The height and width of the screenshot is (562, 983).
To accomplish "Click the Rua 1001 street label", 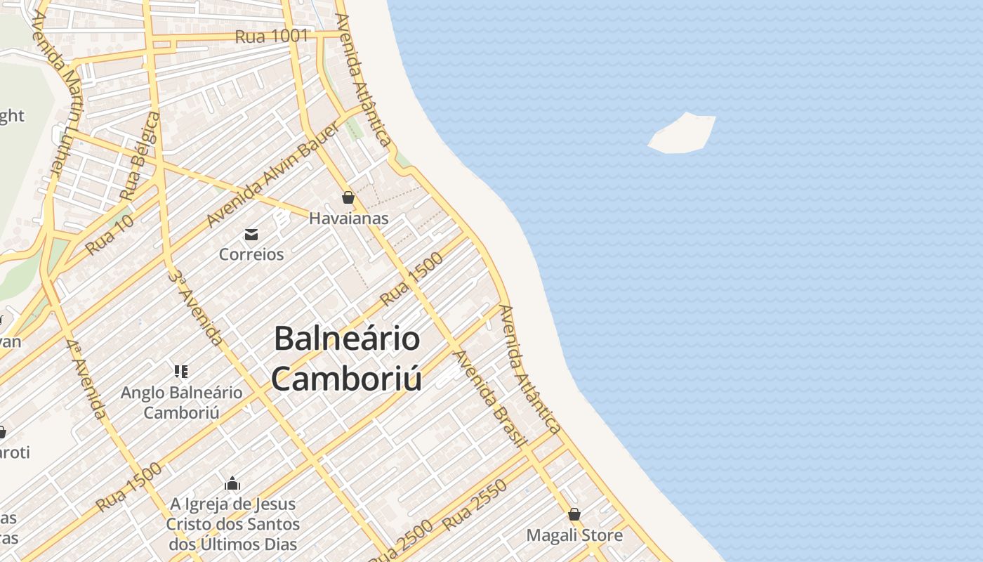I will [x=271, y=36].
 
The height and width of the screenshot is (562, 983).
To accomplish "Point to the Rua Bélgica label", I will [x=139, y=155].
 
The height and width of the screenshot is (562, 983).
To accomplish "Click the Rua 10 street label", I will [x=109, y=235].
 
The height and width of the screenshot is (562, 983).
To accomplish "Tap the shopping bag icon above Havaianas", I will [x=348, y=197].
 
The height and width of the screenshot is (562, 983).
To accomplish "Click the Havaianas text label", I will [x=348, y=218].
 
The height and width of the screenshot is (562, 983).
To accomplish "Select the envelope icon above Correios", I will [x=251, y=234].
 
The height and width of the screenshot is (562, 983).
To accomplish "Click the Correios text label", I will [x=251, y=254].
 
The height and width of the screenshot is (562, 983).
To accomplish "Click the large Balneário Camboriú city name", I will [x=347, y=358].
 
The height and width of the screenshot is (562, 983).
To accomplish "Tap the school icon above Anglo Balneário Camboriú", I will [x=181, y=371].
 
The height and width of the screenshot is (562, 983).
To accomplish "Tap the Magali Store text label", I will [x=574, y=535].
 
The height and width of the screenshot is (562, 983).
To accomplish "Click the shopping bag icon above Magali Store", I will [x=574, y=514].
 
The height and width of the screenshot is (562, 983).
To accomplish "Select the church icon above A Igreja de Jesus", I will [x=232, y=483].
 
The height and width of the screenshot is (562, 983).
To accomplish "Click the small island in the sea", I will [x=682, y=133].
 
